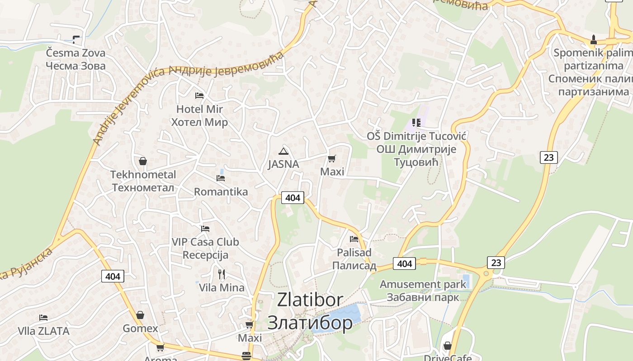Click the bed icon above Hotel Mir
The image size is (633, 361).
[199, 96]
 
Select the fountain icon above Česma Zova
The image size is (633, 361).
[76, 39]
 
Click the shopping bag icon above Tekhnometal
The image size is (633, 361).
[143, 161]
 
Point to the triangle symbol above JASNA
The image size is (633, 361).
[283, 151]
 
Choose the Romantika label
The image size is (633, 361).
[221, 192]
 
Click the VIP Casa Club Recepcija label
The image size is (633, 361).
[205, 248]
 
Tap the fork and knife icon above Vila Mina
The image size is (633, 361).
[222, 274]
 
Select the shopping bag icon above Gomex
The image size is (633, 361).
[141, 315]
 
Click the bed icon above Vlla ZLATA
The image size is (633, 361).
[43, 318]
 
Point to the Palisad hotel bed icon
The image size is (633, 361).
[354, 239]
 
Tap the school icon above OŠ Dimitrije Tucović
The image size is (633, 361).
[416, 123]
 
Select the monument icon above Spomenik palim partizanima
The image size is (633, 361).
[594, 39]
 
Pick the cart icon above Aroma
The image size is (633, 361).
[160, 347]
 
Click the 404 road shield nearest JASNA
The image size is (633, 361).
[293, 198]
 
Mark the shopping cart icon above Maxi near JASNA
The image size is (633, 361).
[332, 158]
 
